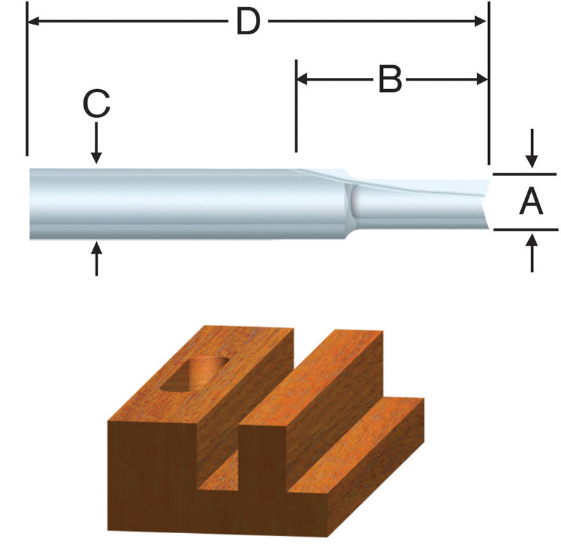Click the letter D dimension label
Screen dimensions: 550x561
coord(248,22)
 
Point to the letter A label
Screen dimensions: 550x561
coord(532,203)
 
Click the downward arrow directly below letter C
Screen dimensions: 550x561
coord(97,156)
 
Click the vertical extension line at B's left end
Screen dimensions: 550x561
coord(296,105)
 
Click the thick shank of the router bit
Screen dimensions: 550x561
coord(175,204)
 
